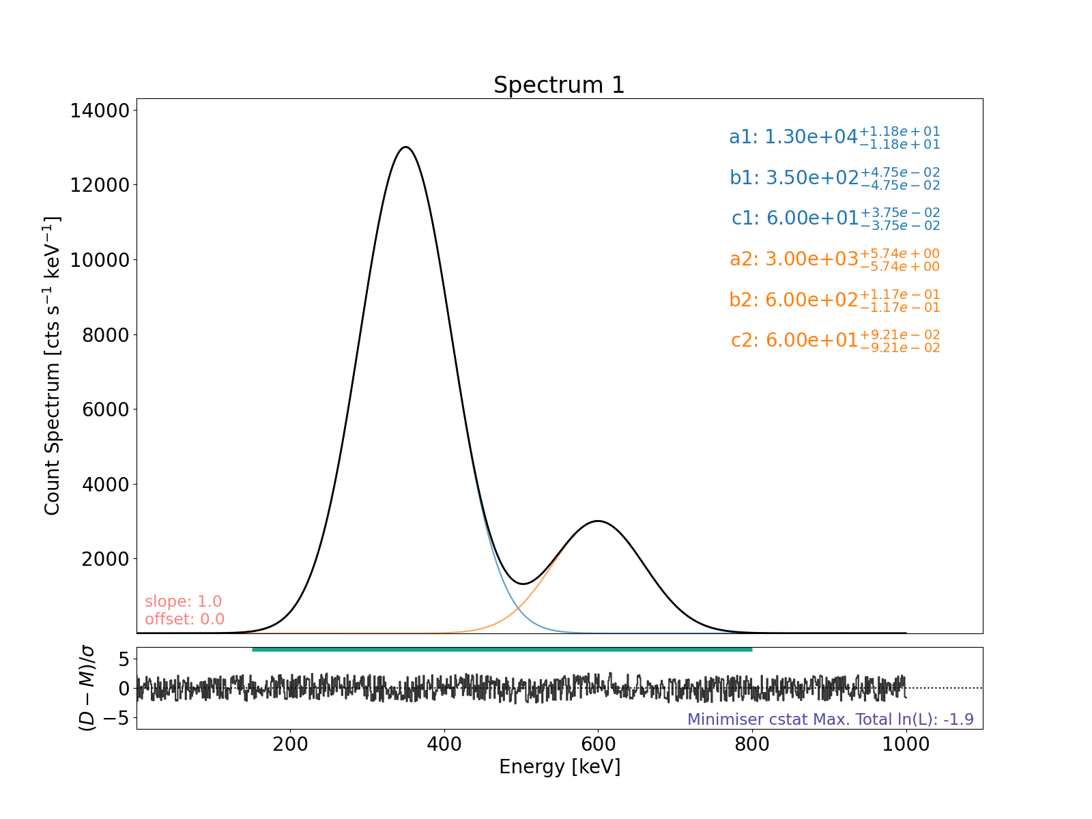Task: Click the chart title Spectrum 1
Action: (559, 85)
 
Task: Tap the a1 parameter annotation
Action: (834, 137)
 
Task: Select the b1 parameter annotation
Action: (834, 177)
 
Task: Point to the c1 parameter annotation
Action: (835, 218)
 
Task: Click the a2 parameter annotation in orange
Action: (834, 259)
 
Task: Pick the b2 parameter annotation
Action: (834, 300)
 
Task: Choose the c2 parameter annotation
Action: (835, 340)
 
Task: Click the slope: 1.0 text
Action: (183, 601)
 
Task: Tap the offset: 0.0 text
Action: (184, 619)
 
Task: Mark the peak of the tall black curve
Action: (406, 147)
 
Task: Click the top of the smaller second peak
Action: (598, 521)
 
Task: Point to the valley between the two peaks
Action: (523, 584)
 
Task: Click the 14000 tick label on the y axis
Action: (100, 111)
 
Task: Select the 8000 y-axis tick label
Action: (104, 334)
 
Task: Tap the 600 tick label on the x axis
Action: (598, 744)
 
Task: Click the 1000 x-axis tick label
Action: (906, 744)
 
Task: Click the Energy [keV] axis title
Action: (560, 767)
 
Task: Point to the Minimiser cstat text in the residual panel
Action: (830, 719)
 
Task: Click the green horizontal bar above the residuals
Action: (502, 649)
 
